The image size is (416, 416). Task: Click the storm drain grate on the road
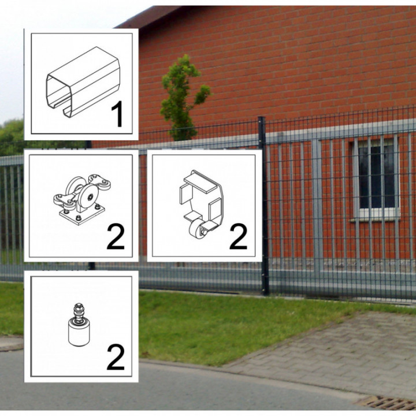click(387, 403)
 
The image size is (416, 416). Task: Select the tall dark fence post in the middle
click(263, 205)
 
